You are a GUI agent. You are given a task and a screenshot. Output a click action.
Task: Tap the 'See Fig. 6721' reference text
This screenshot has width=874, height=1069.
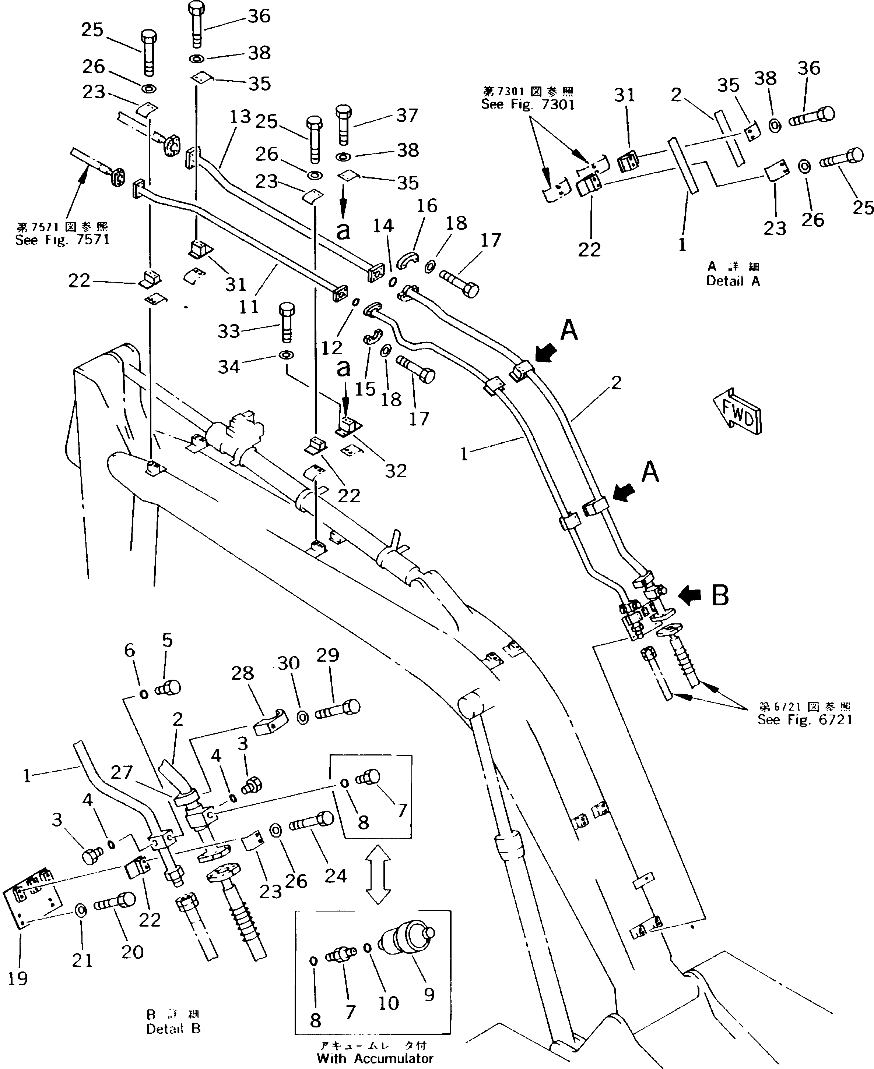point(804,720)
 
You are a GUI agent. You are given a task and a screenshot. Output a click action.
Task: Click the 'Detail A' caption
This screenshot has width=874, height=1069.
point(733,281)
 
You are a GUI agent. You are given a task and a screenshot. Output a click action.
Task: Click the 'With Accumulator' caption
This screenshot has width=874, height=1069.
point(375,1058)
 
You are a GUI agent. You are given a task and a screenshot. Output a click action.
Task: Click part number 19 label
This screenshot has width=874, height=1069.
point(18,978)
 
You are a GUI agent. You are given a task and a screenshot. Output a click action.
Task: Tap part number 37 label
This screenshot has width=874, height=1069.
point(407,115)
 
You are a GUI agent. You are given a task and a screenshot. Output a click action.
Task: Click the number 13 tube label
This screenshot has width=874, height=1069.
point(240,117)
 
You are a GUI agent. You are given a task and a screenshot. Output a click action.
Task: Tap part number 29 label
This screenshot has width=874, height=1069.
point(328,655)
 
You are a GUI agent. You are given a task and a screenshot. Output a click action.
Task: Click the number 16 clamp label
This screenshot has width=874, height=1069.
point(427,205)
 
